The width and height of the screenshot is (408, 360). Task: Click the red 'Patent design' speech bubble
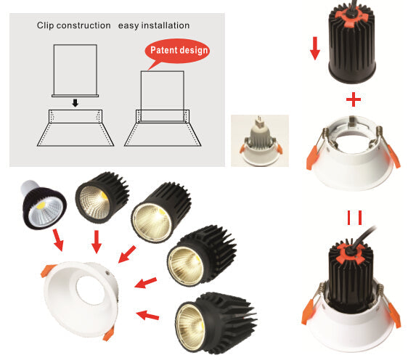[x=177, y=52]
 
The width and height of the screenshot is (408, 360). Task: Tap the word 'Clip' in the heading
[x=45, y=25]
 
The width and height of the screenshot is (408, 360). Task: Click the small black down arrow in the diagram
[x=76, y=103]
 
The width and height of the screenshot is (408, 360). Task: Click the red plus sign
[x=354, y=99]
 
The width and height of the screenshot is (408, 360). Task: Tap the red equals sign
[x=354, y=218]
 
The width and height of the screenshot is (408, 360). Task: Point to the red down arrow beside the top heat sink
[x=315, y=49]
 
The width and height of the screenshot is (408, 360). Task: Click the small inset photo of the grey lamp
[x=260, y=141]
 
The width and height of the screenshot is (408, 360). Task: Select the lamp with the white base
[x=43, y=205]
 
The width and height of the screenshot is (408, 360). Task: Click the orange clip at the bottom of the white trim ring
[x=108, y=333]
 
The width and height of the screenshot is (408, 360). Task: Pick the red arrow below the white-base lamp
[x=58, y=240]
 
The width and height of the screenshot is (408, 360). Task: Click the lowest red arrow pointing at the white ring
[x=147, y=315]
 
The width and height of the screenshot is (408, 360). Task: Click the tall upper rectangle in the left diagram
[x=76, y=70]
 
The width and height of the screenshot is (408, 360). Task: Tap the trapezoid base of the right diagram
[x=163, y=134]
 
